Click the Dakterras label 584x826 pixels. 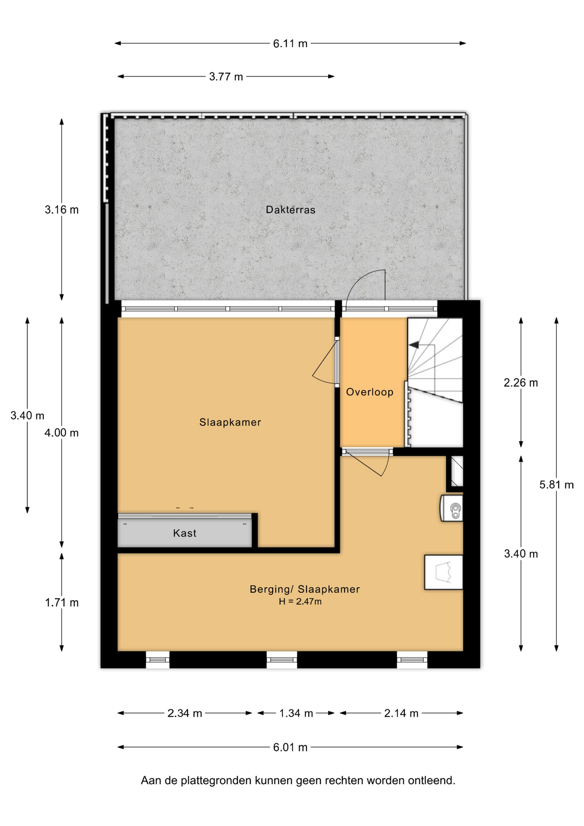point(290,210)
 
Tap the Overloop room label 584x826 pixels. point(369,392)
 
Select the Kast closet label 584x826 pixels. point(184,533)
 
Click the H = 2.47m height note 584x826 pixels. point(300,601)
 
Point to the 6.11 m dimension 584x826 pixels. point(290,43)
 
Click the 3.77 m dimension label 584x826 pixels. point(226,77)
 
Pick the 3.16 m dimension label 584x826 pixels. point(61,210)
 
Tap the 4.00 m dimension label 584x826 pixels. point(61,433)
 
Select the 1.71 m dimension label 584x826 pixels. point(61,603)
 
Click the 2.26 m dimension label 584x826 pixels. point(521,382)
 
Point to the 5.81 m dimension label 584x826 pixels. point(556,485)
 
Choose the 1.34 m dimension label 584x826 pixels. point(296,713)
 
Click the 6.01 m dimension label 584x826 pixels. point(290,747)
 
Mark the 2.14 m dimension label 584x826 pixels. point(401,713)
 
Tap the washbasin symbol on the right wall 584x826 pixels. point(452,508)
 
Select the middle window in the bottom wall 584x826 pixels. point(282,660)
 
